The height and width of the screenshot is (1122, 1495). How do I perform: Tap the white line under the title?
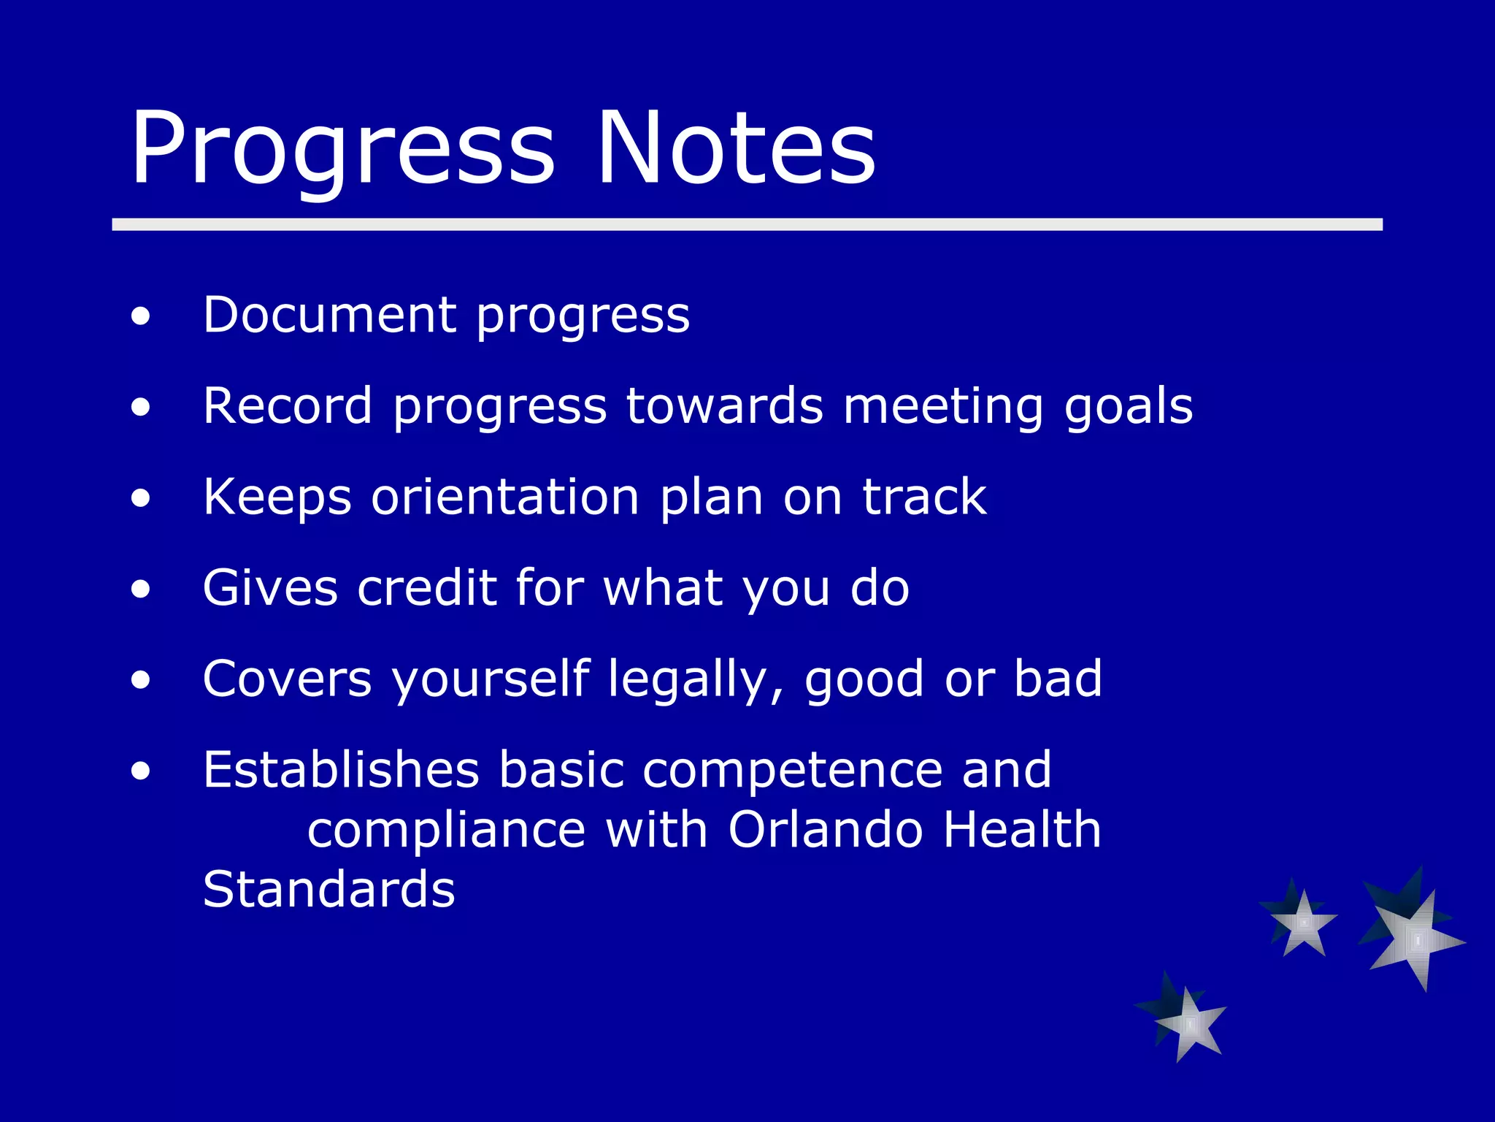(747, 224)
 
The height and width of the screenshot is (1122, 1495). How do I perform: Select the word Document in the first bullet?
(329, 315)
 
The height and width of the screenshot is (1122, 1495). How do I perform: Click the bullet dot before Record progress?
(141, 408)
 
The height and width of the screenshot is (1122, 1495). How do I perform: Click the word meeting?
(942, 407)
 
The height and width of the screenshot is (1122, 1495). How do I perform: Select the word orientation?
(505, 497)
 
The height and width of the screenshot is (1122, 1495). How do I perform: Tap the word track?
(924, 497)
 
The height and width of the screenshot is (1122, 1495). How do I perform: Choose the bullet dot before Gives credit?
(141, 589)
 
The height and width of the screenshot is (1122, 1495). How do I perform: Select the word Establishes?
(341, 770)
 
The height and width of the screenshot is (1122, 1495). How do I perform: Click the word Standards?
(328, 890)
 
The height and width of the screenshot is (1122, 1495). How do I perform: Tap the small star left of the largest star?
(1302, 923)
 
